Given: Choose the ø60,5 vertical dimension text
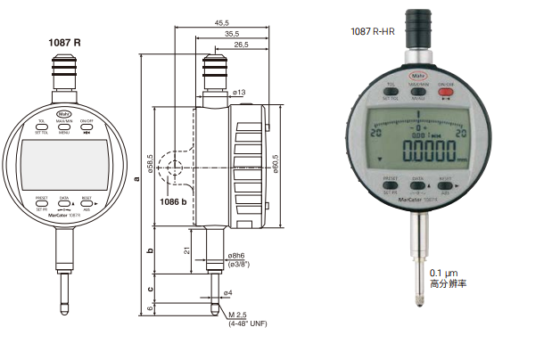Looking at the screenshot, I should pyautogui.click(x=276, y=166).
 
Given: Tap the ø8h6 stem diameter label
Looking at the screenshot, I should pyautogui.click(x=239, y=255).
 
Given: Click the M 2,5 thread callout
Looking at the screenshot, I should pyautogui.click(x=236, y=315).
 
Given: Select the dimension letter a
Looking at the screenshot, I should pyautogui.click(x=136, y=178).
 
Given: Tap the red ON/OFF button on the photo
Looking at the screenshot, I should pyautogui.click(x=446, y=91).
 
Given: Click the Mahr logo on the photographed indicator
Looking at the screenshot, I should pyautogui.click(x=417, y=76).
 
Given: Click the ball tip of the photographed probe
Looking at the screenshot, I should pyautogui.click(x=417, y=300).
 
